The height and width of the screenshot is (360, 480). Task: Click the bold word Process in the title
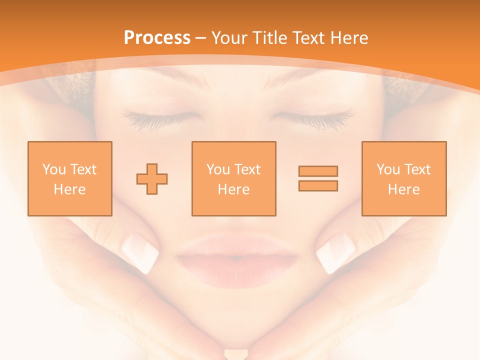point(157,38)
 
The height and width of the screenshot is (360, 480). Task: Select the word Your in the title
point(229,38)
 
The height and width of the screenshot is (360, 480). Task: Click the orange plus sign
point(152,179)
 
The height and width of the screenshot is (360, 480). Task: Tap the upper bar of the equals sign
point(318,171)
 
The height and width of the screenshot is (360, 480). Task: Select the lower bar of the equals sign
point(318,185)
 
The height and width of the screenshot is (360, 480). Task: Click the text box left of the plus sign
point(70,178)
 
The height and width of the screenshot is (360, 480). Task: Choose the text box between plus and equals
point(233,178)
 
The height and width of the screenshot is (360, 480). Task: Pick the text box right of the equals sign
point(404,178)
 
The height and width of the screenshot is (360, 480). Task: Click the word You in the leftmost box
point(54,169)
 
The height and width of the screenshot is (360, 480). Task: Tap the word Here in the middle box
point(233,189)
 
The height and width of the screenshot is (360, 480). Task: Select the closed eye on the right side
point(312,118)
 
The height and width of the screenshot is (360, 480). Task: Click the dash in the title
point(201,38)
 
